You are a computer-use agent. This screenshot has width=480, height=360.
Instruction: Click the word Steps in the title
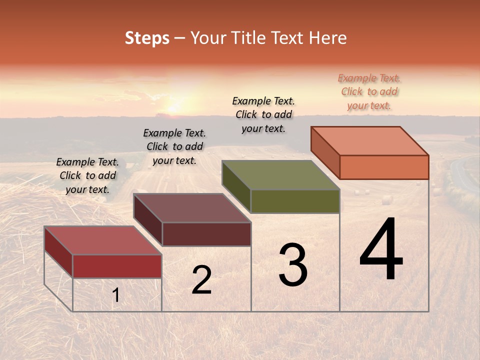147,38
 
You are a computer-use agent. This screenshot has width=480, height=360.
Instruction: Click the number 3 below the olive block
293,265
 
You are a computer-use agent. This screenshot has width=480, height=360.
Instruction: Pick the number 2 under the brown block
201,280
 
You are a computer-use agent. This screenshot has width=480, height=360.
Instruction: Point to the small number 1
115,295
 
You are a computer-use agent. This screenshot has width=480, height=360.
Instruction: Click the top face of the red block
102,240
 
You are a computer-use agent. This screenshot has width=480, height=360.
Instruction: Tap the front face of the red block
117,266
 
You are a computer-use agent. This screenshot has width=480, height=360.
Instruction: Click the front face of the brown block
206,234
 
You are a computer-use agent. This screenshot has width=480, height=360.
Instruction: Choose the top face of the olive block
280,175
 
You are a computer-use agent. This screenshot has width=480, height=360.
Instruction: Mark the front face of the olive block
295,201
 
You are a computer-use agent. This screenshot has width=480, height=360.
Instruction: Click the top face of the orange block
369,141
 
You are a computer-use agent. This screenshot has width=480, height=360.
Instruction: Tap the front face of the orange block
384,167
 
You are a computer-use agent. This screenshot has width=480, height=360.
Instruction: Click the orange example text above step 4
369,92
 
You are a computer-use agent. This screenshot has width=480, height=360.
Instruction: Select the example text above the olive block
263,115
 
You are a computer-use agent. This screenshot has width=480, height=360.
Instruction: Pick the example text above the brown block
174,147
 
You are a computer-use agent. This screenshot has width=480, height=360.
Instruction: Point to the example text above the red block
87,176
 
